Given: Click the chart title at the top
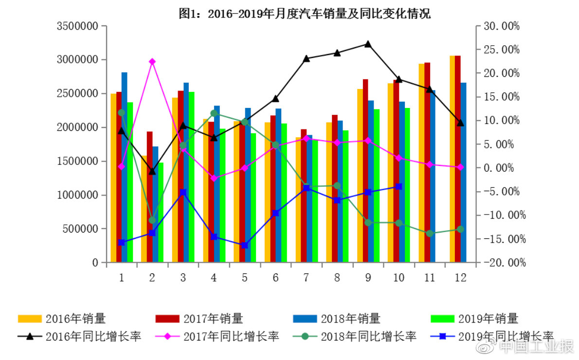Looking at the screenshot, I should [305, 14].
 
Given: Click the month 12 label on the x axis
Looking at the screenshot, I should [460, 278].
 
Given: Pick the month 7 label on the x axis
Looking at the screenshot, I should [306, 278].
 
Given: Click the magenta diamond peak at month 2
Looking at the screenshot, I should [152, 61].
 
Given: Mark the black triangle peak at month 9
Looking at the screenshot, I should [368, 44].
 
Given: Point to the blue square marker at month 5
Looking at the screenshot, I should [244, 245].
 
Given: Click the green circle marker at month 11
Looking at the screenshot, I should [430, 234].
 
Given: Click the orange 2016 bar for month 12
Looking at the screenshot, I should [452, 161].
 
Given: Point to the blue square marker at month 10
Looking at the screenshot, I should [398, 186].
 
